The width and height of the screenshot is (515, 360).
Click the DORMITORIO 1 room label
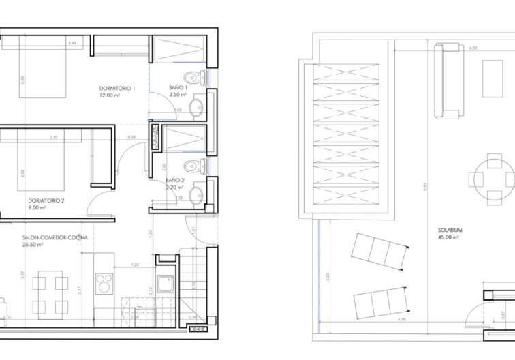pyautogui.click(x=118, y=89)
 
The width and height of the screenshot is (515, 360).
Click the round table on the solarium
pyautogui.click(x=491, y=179)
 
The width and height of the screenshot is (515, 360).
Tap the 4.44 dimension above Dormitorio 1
pyautogui.click(x=72, y=43)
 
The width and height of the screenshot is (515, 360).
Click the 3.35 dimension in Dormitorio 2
pyautogui.click(x=53, y=138)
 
